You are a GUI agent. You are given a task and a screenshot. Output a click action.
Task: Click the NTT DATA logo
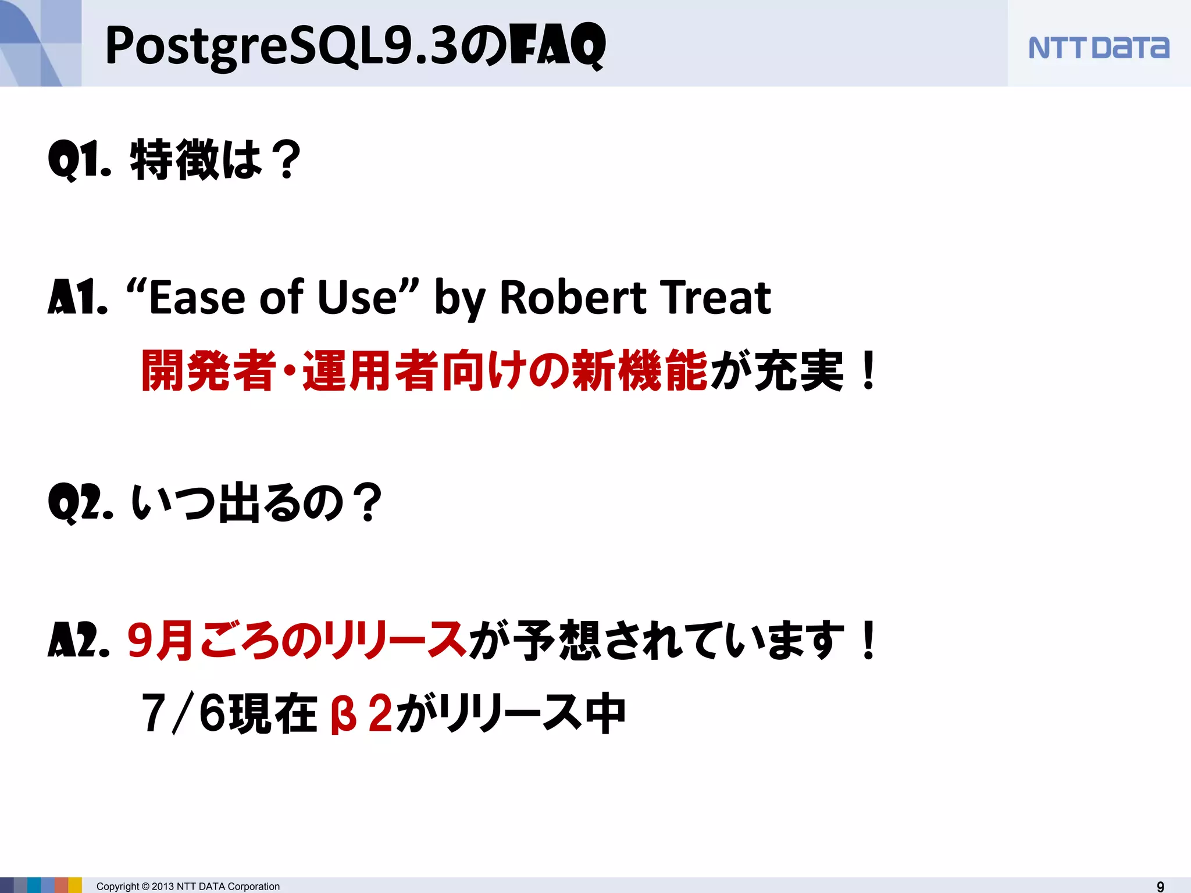click(x=1098, y=48)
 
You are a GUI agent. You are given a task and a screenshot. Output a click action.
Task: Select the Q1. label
click(x=79, y=159)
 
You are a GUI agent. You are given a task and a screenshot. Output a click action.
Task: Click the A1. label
click(x=77, y=298)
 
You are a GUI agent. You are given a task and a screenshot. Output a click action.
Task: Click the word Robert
click(x=572, y=298)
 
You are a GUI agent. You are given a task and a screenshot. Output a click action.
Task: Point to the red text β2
click(x=361, y=713)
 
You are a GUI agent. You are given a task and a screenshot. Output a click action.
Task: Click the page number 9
click(x=1160, y=886)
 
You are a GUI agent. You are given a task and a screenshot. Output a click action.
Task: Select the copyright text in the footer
click(x=188, y=886)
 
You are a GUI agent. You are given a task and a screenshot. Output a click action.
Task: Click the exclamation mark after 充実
click(x=868, y=371)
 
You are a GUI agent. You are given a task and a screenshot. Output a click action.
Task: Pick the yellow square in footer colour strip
click(x=75, y=885)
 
